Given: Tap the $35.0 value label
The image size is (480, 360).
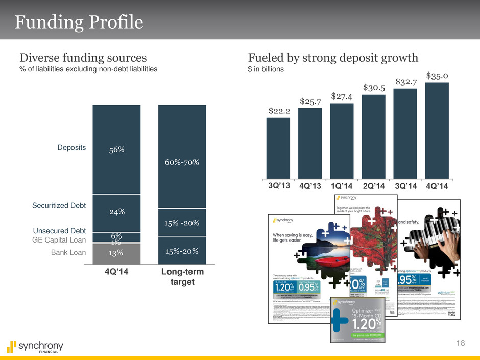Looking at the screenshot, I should pos(437,76).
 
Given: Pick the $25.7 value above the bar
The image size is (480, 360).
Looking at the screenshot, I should pos(310,102).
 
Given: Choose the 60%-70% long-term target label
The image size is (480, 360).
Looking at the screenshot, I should pos(182,163).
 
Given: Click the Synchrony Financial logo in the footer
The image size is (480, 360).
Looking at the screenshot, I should pos(34,347).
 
